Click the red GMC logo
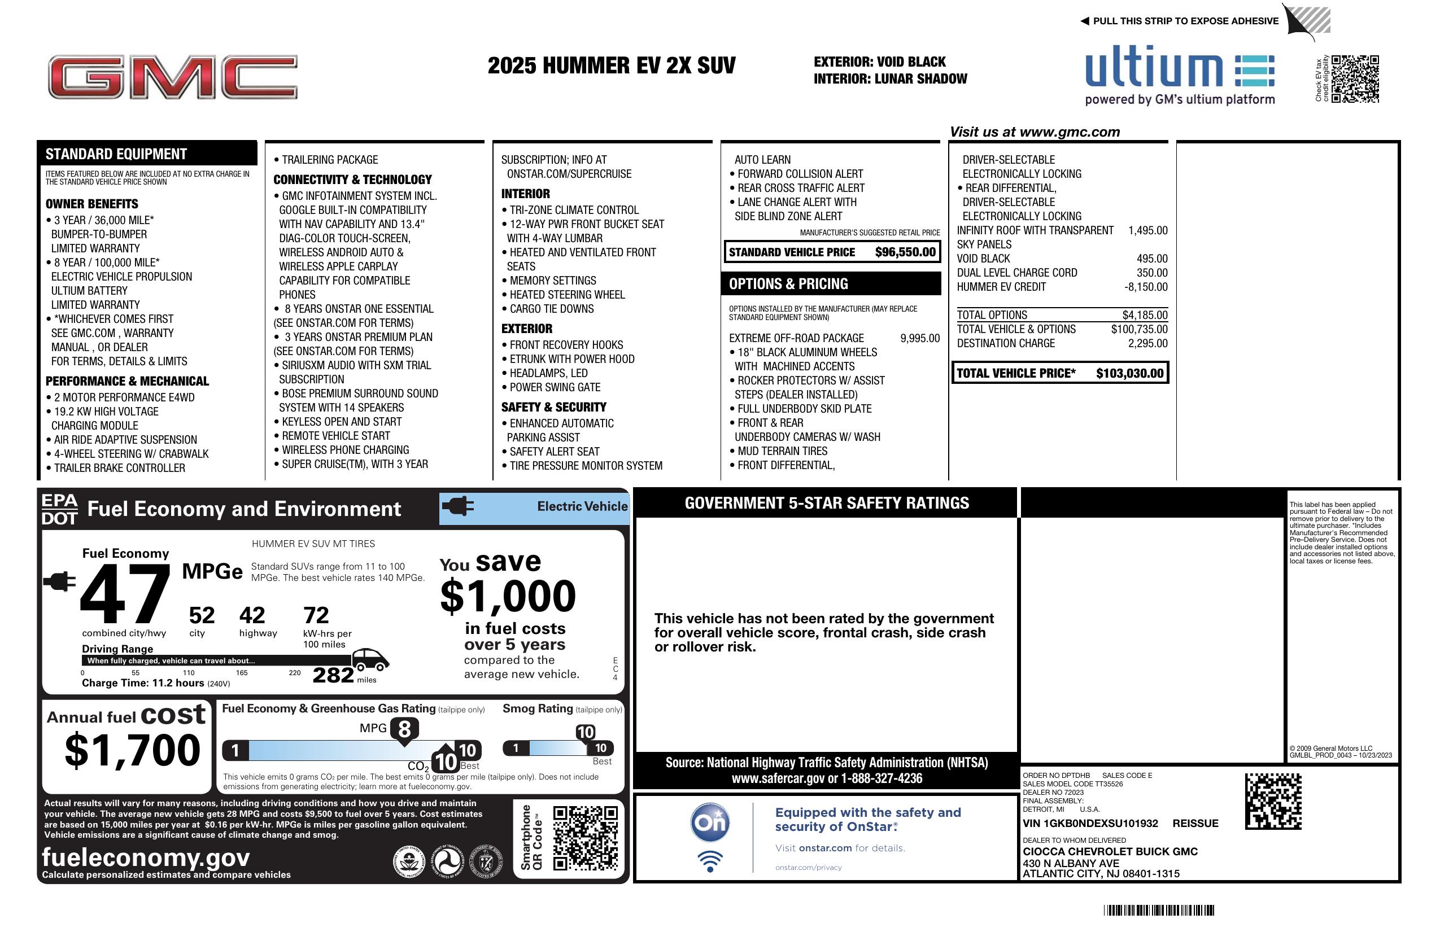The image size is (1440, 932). (x=172, y=77)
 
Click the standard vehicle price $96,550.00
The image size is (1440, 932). (x=905, y=252)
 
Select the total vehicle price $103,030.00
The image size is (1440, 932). (x=1129, y=373)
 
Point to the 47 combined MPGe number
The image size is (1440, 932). (x=125, y=594)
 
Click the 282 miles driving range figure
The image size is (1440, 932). (x=333, y=675)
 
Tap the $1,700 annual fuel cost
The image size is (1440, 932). (x=133, y=751)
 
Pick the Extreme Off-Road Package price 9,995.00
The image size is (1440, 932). (x=920, y=338)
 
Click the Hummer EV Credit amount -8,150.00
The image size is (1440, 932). (x=1145, y=287)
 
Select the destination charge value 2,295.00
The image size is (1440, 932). (x=1147, y=343)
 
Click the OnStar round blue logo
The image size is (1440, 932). (x=710, y=822)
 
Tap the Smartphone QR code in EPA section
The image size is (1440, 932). (x=584, y=838)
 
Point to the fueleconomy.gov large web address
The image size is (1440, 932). (x=146, y=857)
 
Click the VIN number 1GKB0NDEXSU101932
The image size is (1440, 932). (x=1090, y=823)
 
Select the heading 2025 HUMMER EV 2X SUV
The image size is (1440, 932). (x=611, y=65)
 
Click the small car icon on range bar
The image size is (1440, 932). (x=370, y=659)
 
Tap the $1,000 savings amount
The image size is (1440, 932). (x=508, y=596)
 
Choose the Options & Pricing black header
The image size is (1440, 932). (x=830, y=283)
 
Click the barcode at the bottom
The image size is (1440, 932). (x=1158, y=910)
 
